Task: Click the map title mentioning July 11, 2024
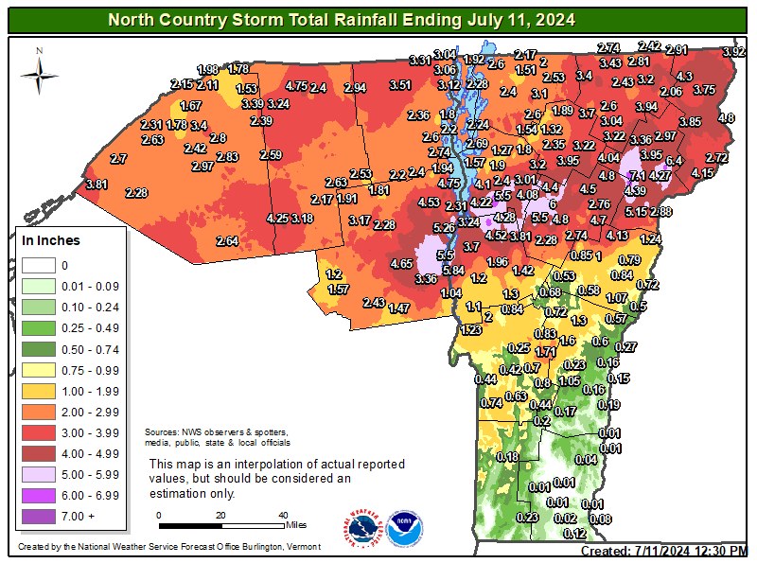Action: (340, 19)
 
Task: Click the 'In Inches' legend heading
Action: (51, 240)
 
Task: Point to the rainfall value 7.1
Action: (638, 176)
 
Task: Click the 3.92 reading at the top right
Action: (733, 52)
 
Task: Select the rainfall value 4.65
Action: (401, 264)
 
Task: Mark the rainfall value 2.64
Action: (227, 241)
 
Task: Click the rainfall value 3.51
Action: (400, 85)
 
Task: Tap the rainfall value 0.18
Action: (508, 458)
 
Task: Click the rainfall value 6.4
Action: (674, 161)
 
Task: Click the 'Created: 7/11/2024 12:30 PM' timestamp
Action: (664, 551)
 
